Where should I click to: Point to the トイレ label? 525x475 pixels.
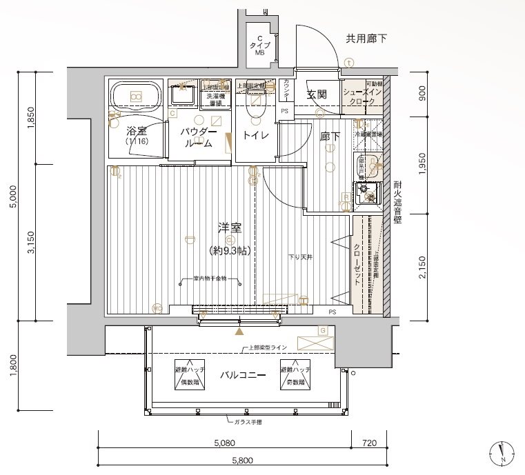pos(255,136)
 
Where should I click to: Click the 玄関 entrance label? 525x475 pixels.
pos(317,94)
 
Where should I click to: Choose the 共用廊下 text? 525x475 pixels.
pos(366,39)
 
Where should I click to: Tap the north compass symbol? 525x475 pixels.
pos(502,452)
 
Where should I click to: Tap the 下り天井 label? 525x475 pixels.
pos(300,257)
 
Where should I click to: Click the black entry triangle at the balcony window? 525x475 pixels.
pos(239,332)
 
